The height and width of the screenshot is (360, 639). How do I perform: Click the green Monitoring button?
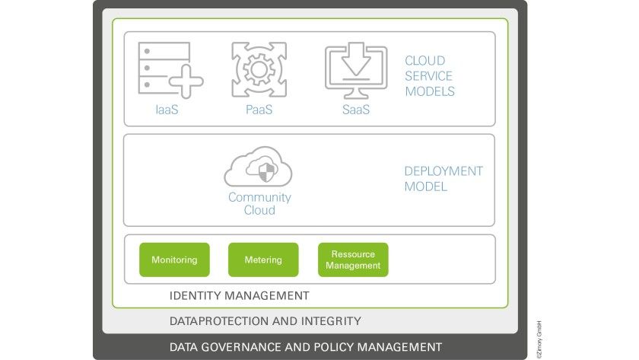click(x=174, y=260)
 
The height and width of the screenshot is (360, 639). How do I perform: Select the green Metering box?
click(x=263, y=260)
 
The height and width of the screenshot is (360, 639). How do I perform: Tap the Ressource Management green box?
click(x=353, y=260)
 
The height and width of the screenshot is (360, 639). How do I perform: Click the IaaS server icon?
click(x=170, y=70)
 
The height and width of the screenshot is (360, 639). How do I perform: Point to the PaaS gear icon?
click(x=259, y=70)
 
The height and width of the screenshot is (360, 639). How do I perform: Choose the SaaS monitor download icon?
click(x=356, y=70)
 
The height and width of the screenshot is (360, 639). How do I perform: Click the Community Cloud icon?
click(x=259, y=167)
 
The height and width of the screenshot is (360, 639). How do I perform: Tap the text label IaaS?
click(x=167, y=110)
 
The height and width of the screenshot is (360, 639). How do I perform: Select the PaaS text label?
click(x=259, y=110)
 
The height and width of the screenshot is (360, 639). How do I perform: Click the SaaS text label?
click(x=356, y=110)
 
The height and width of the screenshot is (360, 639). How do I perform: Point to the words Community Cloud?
click(x=259, y=203)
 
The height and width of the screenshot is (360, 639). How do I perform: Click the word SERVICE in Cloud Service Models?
click(x=428, y=76)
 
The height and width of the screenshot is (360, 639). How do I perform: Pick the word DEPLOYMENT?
click(x=443, y=171)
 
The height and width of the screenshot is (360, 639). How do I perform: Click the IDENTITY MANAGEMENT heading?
click(x=239, y=295)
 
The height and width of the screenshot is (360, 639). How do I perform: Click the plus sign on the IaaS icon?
click(x=186, y=81)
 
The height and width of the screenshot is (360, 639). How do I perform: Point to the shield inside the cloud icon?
click(x=266, y=172)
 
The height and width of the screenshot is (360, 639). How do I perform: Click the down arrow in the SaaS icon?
click(x=356, y=59)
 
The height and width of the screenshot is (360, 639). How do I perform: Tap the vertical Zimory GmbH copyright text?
click(x=539, y=339)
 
